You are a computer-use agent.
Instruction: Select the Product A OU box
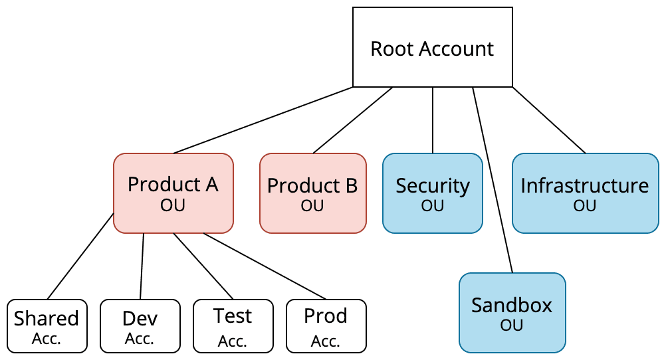tap(173, 193)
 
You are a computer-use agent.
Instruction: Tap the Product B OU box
tap(312, 193)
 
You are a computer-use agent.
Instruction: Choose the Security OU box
tap(432, 193)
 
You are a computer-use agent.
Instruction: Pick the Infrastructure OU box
tap(585, 193)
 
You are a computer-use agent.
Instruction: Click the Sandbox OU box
tap(512, 312)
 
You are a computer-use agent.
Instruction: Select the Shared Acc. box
tap(47, 325)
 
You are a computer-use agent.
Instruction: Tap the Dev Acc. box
tap(140, 325)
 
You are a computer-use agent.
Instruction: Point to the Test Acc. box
tap(233, 325)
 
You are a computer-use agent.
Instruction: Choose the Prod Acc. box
tap(326, 325)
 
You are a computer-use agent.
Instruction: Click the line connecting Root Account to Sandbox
tap(493, 179)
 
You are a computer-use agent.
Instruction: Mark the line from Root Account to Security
tap(433, 120)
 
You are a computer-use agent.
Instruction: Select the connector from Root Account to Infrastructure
tap(548, 120)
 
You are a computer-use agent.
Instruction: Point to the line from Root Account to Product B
tap(352, 120)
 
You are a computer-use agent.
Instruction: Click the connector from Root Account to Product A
tap(263, 120)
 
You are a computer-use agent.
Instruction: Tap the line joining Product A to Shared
tap(80, 256)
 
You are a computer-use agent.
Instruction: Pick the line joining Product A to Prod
tap(266, 266)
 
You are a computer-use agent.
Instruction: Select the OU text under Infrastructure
tap(585, 206)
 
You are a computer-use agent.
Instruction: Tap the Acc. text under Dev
tap(140, 339)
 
